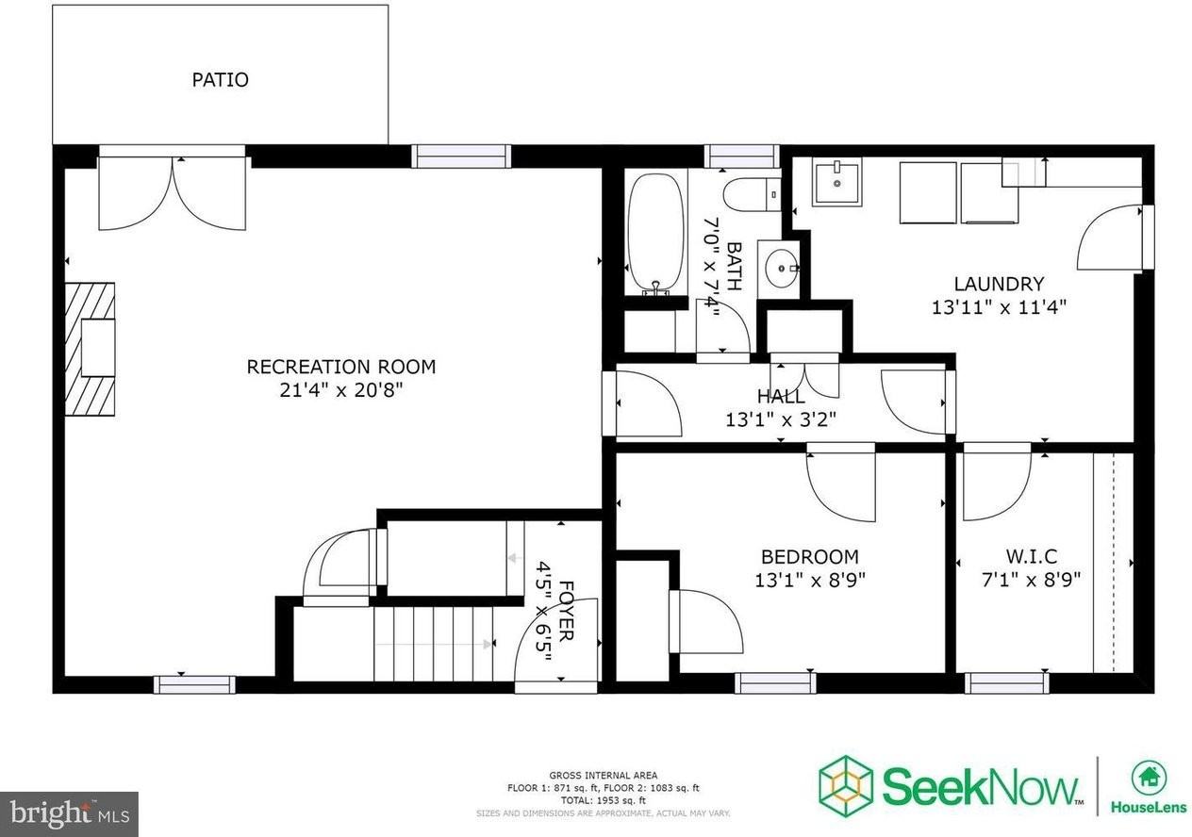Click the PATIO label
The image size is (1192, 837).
click(x=220, y=79)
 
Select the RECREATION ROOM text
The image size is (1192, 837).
click(x=340, y=367)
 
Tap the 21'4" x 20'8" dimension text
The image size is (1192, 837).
click(x=340, y=389)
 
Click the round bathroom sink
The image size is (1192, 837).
click(x=781, y=269)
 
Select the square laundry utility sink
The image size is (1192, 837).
click(x=836, y=182)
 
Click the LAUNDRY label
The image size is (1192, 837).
click(x=999, y=284)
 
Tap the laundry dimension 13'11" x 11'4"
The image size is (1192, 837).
click(x=999, y=306)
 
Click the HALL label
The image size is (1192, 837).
click(x=780, y=397)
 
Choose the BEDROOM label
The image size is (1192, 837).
click(x=810, y=556)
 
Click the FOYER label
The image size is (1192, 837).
click(x=565, y=610)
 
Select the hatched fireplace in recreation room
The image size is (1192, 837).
click(x=90, y=349)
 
